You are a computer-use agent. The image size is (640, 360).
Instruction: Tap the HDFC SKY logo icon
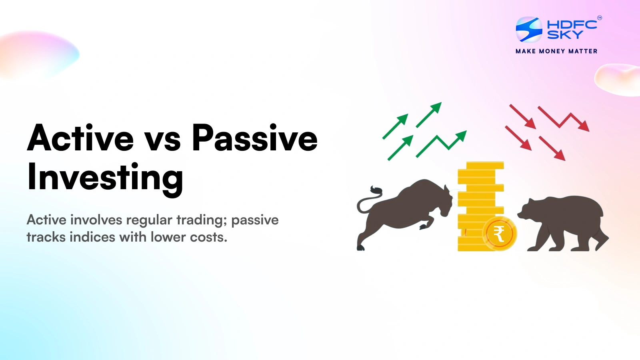tap(529, 29)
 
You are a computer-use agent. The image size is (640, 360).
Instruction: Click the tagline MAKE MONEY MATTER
tap(556, 51)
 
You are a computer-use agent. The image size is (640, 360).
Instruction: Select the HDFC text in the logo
tap(572, 24)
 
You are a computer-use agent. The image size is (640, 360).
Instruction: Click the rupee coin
tap(499, 234)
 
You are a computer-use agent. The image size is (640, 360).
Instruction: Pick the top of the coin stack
tap(480, 165)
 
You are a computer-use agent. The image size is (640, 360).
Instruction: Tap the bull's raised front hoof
tap(423, 226)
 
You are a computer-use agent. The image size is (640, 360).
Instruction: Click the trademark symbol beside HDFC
tap(599, 18)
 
